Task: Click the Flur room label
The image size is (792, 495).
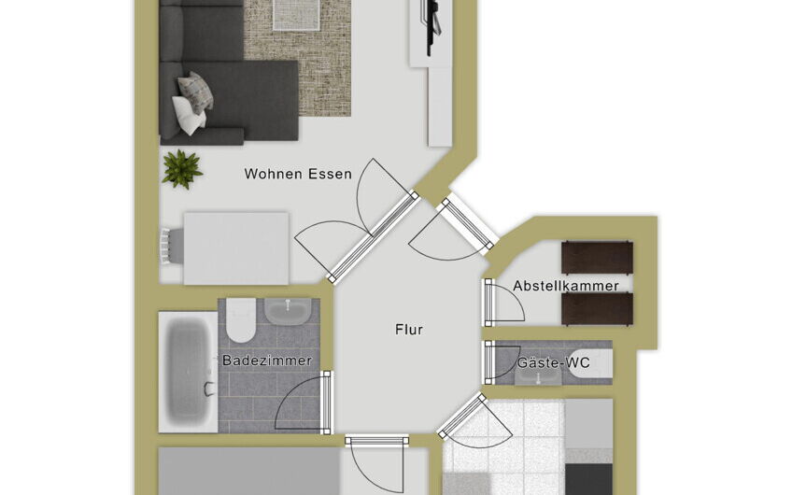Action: pos(409,330)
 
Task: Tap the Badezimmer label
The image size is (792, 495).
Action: pos(267,361)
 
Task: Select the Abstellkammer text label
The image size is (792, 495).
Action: pos(566,286)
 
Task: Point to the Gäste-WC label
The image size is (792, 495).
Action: pos(553,362)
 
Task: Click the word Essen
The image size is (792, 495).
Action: pos(330,174)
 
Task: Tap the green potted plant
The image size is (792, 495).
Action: pos(182,169)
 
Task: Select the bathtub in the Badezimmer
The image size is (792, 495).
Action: pos(188,373)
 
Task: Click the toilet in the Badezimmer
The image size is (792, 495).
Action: pos(241,320)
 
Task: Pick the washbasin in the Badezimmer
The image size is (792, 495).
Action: pos(288,311)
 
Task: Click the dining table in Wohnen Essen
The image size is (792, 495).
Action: pos(236,248)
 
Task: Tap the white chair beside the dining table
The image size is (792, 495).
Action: pos(172,246)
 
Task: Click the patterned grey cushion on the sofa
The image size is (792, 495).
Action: pos(195,92)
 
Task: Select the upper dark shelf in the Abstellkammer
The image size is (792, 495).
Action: pos(597,258)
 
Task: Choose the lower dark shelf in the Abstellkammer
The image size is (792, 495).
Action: pos(597,308)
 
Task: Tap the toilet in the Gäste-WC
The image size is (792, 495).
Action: pos(591,363)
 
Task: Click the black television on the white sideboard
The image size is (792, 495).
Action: pos(432,26)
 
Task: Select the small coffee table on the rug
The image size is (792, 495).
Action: pos(296,15)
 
